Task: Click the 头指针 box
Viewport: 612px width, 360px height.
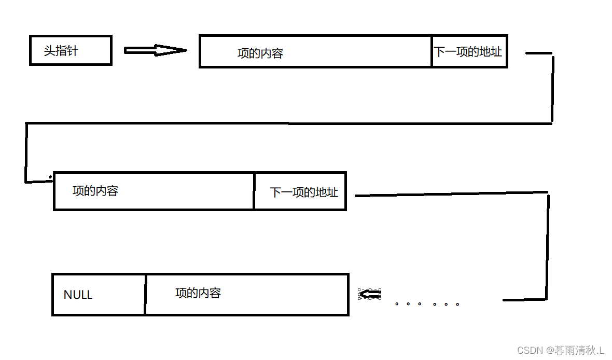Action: click(x=71, y=50)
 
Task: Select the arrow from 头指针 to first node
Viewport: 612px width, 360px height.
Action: click(x=155, y=50)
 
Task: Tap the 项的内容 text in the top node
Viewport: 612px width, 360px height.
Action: click(x=260, y=53)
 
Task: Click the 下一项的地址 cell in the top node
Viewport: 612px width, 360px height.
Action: click(x=469, y=51)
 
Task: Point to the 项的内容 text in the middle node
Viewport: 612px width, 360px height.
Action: click(x=95, y=190)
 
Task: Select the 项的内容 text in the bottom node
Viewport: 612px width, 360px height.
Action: click(x=198, y=293)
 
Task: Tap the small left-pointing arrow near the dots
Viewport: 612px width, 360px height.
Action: click(x=370, y=295)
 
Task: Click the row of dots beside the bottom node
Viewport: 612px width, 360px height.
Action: click(x=426, y=304)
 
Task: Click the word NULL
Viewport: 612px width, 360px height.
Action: click(x=78, y=295)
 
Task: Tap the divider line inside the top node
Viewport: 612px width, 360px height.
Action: click(x=432, y=51)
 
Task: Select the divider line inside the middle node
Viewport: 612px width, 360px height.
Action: click(x=254, y=191)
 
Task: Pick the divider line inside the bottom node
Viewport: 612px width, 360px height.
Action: click(x=145, y=294)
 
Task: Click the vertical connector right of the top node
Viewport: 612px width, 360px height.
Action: click(x=552, y=88)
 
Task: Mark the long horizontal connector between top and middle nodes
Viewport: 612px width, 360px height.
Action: click(x=288, y=123)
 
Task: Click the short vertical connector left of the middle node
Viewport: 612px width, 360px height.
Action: click(x=25, y=153)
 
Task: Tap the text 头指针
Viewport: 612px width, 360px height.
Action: click(x=61, y=50)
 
